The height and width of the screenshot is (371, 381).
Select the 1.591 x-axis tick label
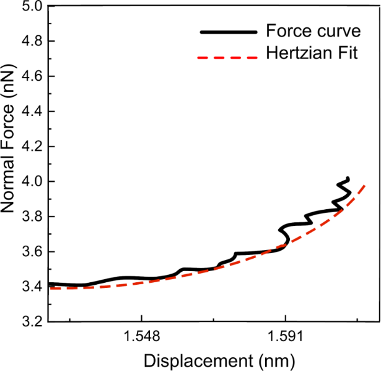pyautogui.click(x=285, y=337)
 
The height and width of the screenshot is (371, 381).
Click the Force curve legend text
pyautogui.click(x=304, y=30)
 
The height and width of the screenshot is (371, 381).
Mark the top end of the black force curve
pyautogui.click(x=348, y=179)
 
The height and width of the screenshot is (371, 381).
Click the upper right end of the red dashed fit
pyautogui.click(x=366, y=184)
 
